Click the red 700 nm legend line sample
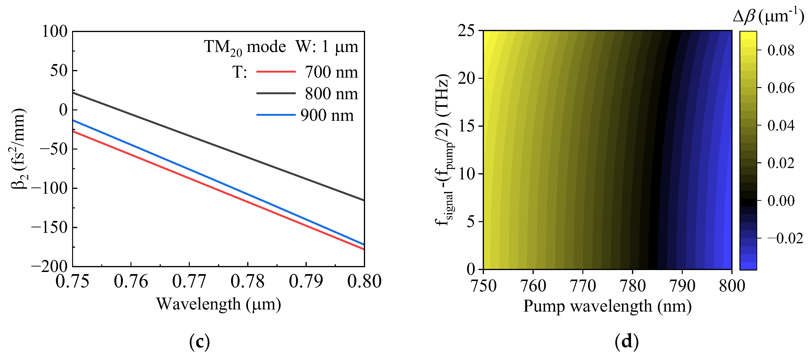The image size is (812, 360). (276, 72)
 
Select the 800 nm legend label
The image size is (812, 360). (331, 94)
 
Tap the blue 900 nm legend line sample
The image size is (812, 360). (276, 115)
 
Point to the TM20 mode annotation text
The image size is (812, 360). (245, 47)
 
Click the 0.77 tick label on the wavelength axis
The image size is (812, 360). (189, 281)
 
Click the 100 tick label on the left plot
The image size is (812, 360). (55, 32)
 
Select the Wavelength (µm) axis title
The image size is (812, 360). (218, 304)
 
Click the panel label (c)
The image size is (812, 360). (199, 342)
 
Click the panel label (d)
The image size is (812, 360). (626, 342)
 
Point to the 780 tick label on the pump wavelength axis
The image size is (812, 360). (632, 286)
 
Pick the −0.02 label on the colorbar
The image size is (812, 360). (784, 238)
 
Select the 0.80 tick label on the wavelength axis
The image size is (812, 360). (364, 281)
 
